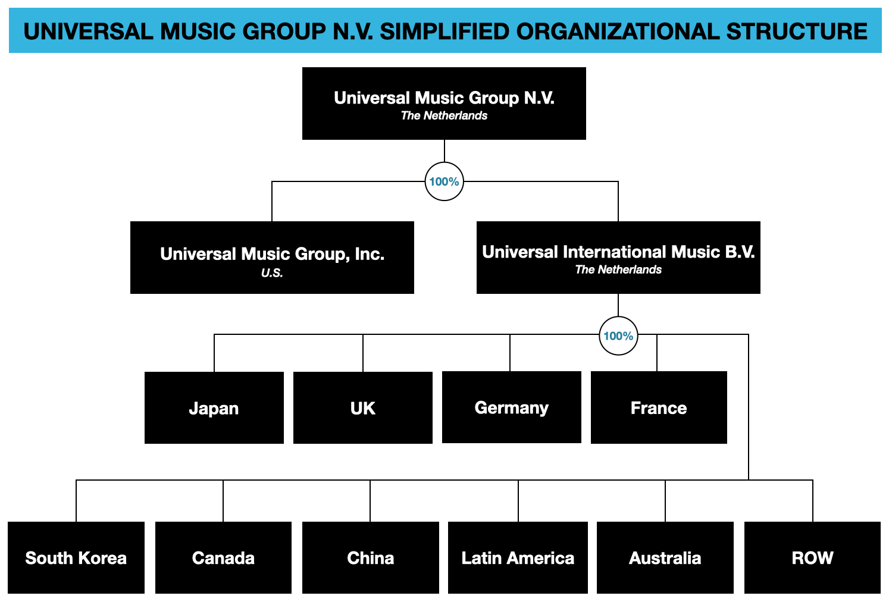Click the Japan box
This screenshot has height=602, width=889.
pyautogui.click(x=214, y=408)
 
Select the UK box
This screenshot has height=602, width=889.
pyautogui.click(x=362, y=408)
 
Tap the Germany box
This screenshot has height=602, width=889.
pyautogui.click(x=511, y=407)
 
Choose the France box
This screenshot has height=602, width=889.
pyautogui.click(x=658, y=408)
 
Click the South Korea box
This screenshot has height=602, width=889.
pyautogui.click(x=76, y=558)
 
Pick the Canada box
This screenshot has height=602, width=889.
pyautogui.click(x=223, y=558)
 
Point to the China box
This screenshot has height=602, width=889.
pyautogui.click(x=370, y=558)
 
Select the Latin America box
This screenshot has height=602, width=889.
pyautogui.click(x=518, y=558)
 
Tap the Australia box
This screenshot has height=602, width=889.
pyautogui.click(x=665, y=558)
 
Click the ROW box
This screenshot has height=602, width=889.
pyautogui.click(x=812, y=558)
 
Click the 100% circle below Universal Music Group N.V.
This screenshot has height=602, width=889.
pyautogui.click(x=444, y=181)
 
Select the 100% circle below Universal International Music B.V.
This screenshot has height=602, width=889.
pyautogui.click(x=618, y=336)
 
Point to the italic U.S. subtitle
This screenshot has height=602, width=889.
pyautogui.click(x=272, y=273)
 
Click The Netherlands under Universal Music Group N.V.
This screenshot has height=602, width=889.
pyautogui.click(x=444, y=116)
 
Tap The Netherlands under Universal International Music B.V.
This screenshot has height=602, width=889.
pyautogui.click(x=618, y=270)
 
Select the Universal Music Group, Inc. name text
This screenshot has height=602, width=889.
pyautogui.click(x=272, y=254)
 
